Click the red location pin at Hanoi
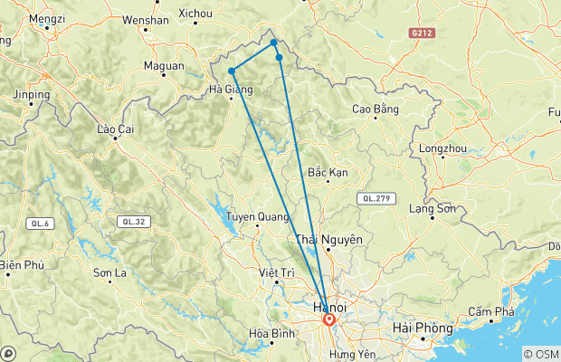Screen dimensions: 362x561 [328, 319]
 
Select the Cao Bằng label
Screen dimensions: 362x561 [376, 110]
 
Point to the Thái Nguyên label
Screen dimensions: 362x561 [330, 240]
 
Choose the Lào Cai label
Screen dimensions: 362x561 [116, 129]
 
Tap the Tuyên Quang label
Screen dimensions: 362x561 [256, 217]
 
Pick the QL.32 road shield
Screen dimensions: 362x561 [129, 221]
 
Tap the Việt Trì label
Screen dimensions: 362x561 [277, 272]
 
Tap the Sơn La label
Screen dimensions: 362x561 [109, 272]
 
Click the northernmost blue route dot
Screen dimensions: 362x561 [273, 42]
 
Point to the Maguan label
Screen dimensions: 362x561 [164, 65]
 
